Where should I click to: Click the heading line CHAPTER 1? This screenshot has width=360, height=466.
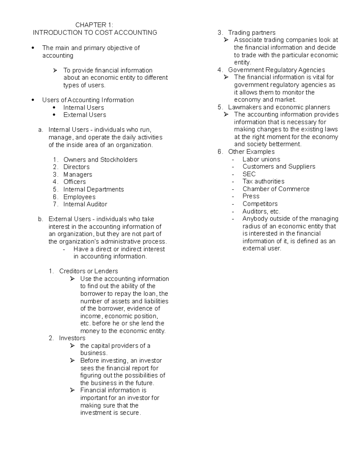[x=94, y=25]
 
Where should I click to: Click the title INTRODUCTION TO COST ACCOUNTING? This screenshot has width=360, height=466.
[x=95, y=32]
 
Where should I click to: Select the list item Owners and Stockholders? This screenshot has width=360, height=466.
[x=100, y=160]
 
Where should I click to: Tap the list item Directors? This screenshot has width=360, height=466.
[x=76, y=167]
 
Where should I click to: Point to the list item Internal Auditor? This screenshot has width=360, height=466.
[x=85, y=204]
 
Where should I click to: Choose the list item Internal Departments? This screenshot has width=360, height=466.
[x=93, y=189]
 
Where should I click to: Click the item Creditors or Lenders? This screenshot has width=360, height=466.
[x=88, y=271]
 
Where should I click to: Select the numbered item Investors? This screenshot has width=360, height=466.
[x=72, y=338]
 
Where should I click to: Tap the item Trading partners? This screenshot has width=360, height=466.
[x=251, y=32]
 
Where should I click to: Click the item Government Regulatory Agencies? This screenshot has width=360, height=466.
[x=276, y=70]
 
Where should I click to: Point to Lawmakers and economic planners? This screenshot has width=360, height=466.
[x=279, y=107]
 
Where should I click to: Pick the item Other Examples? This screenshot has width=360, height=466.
[x=251, y=152]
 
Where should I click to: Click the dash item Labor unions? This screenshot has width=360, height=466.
[x=261, y=159]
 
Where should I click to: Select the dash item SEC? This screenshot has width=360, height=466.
[x=249, y=174]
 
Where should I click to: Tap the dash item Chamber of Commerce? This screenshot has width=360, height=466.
[x=276, y=189]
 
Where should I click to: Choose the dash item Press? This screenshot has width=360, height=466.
[x=251, y=196]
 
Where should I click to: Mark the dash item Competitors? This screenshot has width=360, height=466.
[x=260, y=203]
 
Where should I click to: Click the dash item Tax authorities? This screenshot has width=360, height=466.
[x=263, y=181]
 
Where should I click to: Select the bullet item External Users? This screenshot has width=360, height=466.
[x=85, y=115]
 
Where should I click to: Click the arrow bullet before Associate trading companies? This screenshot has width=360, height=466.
[x=226, y=40]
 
